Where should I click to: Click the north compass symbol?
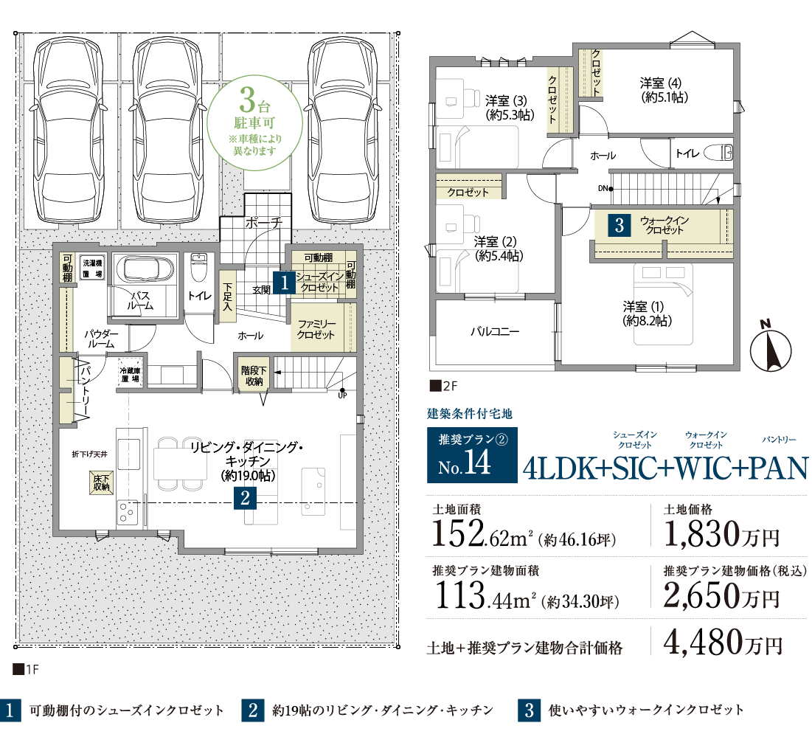pos(770,347)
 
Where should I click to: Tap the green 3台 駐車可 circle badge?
pos(254,122)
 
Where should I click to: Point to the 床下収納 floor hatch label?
pos(102,482)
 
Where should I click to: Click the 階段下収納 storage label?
pos(254,376)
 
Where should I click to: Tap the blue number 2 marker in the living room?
pos(245,498)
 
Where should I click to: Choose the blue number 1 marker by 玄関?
pos(284,283)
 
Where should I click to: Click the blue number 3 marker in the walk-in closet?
pos(620,225)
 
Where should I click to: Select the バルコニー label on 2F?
pos(495,331)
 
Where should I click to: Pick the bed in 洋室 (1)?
pos(663,304)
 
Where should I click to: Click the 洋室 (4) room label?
pos(662,89)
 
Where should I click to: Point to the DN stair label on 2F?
pos(603,189)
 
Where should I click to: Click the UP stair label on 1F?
pos(342,395)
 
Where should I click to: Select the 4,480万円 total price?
pos(723,643)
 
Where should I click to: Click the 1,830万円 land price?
pos(721,534)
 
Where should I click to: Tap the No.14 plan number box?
pos(472,455)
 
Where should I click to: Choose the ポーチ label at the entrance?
pos(263,223)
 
